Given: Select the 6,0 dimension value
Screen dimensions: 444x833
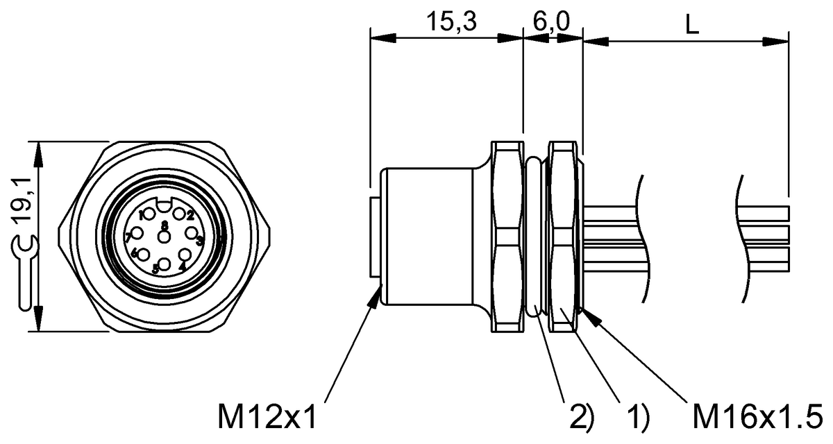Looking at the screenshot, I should coord(553,23).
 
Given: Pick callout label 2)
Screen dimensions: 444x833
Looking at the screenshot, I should coord(582,416).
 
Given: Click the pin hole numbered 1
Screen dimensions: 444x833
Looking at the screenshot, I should coord(149,214).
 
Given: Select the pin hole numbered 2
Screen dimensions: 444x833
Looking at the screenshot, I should coord(179,214).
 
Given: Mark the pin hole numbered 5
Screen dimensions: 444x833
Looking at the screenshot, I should coord(165,264).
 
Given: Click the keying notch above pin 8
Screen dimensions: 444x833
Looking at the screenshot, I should coord(164,205).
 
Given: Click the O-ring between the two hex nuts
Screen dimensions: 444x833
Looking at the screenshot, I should coord(535,236).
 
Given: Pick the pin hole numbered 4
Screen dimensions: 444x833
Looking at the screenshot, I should coord(185,255).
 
